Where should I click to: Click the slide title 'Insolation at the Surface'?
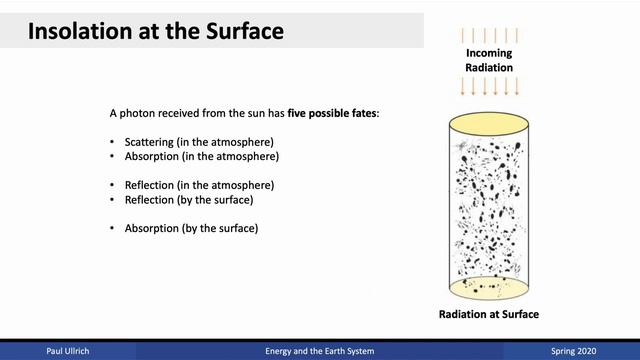[x=155, y=31]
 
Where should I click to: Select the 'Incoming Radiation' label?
[x=488, y=60]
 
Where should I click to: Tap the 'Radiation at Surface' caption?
[x=488, y=314]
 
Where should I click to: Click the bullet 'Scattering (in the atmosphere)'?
[x=200, y=143]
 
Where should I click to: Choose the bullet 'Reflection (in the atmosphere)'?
[x=199, y=186]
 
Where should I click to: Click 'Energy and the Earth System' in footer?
[x=319, y=351]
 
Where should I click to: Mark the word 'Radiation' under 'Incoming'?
[x=488, y=67]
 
